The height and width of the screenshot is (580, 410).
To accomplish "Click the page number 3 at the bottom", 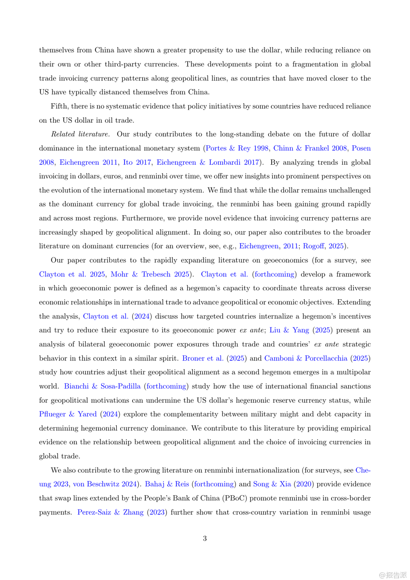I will [205, 538].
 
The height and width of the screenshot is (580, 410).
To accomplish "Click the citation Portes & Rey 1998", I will [237, 148].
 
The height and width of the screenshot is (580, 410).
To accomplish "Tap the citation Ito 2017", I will [137, 162].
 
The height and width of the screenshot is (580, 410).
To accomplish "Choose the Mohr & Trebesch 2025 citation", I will [150, 274].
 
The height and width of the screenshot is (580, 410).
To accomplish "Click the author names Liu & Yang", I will [289, 330].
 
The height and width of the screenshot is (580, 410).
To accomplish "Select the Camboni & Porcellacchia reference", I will [306, 358].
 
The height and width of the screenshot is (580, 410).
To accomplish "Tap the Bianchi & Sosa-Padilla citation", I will [102, 386].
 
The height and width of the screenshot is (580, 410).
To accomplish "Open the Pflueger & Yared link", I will [68, 414].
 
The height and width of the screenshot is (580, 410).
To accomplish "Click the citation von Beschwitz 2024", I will [105, 484].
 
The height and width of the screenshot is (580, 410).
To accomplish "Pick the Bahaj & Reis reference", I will [167, 484].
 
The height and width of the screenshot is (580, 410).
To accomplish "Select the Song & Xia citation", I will [272, 484].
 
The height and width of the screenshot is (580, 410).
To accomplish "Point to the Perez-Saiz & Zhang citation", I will [110, 512].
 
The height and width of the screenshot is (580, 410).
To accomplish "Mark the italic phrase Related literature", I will [80, 134].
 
